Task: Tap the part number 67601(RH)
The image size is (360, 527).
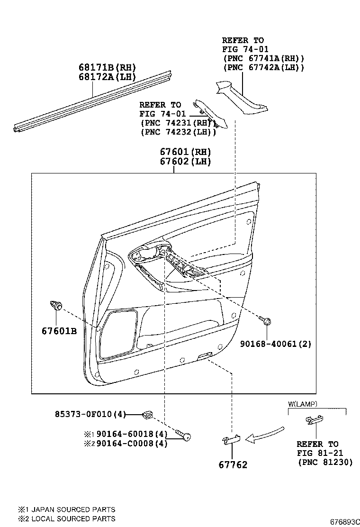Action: [185, 152]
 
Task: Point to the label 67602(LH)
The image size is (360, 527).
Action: [185, 162]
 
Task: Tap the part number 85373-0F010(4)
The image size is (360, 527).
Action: [90, 414]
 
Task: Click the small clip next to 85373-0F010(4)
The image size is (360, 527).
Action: [147, 415]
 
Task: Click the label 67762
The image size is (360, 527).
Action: [233, 465]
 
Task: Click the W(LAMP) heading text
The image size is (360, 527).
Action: [303, 404]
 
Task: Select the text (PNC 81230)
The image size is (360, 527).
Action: [325, 463]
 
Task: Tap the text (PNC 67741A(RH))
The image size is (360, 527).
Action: [263, 58]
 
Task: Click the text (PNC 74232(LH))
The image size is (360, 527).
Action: [178, 132]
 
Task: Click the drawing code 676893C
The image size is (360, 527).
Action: [342, 521]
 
